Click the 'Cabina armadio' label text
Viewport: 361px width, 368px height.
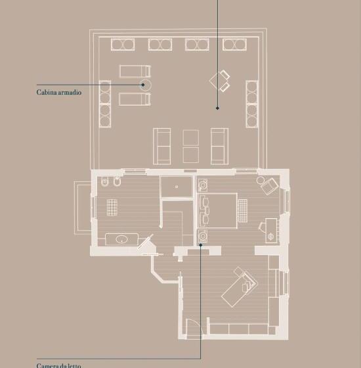(59, 92)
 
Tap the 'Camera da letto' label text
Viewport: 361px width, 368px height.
(58, 365)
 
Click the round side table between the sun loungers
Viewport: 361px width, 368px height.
(146, 85)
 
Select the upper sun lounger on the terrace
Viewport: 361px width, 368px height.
(135, 72)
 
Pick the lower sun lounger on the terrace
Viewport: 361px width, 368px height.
(135, 99)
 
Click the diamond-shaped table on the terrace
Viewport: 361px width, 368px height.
(217, 80)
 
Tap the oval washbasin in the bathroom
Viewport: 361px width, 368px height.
(121, 239)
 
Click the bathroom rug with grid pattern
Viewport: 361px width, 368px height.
(112, 207)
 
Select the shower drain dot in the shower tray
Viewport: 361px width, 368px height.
(177, 187)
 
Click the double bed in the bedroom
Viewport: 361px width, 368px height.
(218, 210)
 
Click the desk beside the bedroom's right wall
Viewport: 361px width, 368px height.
(271, 231)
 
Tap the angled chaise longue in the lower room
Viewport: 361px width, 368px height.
(240, 287)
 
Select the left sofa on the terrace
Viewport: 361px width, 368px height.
(161, 146)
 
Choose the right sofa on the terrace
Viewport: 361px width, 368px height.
(219, 146)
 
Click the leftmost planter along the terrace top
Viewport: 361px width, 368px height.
(123, 45)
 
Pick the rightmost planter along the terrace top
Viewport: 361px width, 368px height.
(235, 45)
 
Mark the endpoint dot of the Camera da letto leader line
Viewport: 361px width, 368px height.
(201, 244)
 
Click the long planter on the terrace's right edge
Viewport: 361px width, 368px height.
(252, 104)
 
